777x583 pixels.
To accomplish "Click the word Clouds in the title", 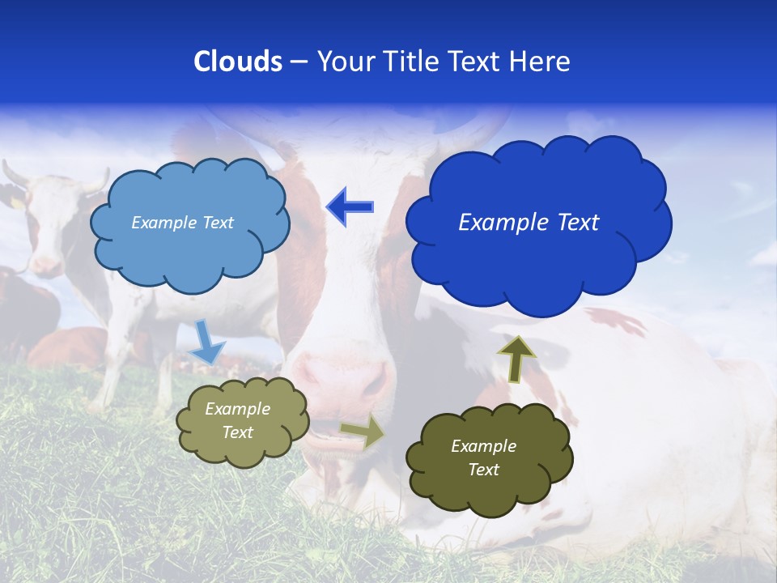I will [237, 62].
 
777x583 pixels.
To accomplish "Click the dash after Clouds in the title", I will [299, 62].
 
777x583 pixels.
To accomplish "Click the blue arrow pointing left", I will [350, 206].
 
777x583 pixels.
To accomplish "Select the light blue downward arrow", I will [207, 342].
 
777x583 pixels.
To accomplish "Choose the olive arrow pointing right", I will [363, 431].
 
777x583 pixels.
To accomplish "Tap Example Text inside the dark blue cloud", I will [529, 223].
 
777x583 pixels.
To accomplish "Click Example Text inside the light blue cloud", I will [182, 223].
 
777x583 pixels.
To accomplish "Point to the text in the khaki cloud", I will [238, 421].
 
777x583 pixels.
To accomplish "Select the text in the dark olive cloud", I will [483, 457].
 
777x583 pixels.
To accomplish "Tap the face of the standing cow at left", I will [49, 227].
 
